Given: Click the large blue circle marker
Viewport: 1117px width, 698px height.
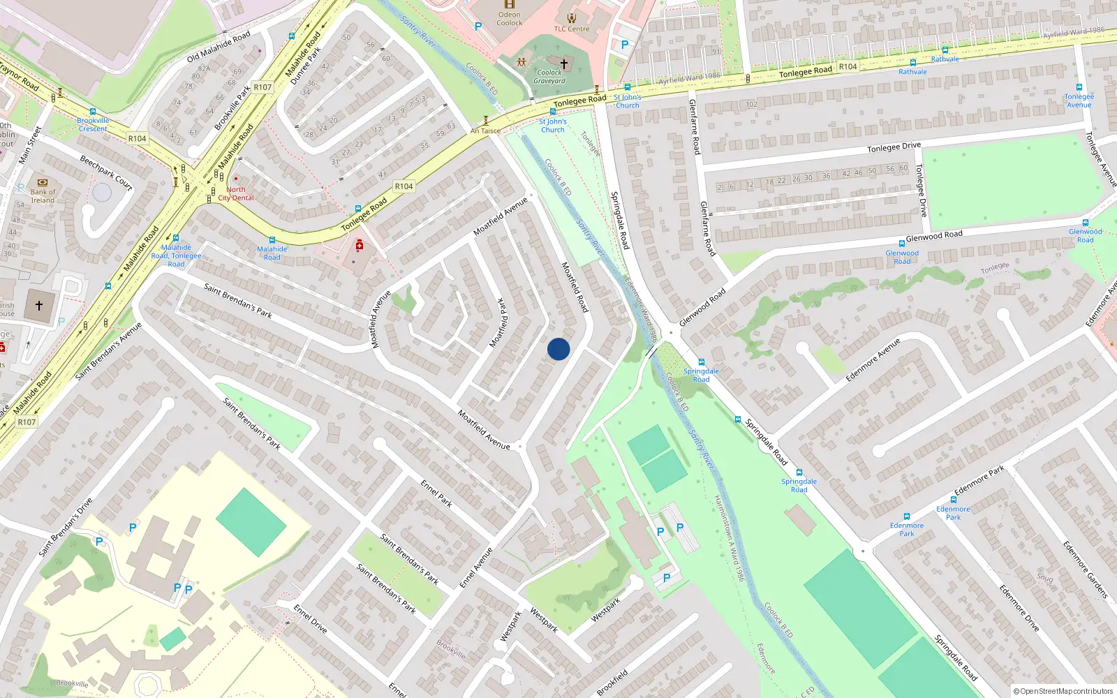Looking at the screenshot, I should point(558,349).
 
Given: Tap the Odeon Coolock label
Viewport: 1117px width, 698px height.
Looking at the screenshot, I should point(509,19).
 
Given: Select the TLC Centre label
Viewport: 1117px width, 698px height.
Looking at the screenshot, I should point(572,29).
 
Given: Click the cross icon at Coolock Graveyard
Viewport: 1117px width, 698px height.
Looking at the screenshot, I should point(564,64).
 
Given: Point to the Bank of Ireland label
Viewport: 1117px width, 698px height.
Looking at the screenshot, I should point(43,196).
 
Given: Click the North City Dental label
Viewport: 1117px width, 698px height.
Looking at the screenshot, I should point(236,194).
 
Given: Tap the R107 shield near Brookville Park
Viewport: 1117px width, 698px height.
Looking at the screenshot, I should point(262,87).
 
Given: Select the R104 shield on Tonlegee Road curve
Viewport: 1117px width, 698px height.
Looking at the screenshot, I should point(404,186).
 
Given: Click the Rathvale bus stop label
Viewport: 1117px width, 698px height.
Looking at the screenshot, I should point(912,72).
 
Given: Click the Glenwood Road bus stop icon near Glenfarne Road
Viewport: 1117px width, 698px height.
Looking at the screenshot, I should point(902,244).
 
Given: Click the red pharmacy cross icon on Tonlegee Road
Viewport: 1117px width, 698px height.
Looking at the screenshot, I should point(360,245).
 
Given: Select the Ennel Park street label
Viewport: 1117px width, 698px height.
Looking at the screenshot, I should point(436,493).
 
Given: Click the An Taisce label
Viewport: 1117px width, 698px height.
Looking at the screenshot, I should point(485,131).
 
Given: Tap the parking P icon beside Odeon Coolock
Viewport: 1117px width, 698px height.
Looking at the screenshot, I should point(478,27).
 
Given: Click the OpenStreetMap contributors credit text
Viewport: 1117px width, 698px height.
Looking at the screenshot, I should point(1063,691).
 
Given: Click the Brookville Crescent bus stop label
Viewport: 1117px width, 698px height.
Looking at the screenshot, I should point(93,125).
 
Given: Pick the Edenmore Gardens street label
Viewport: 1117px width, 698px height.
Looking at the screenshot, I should point(1085,569).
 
